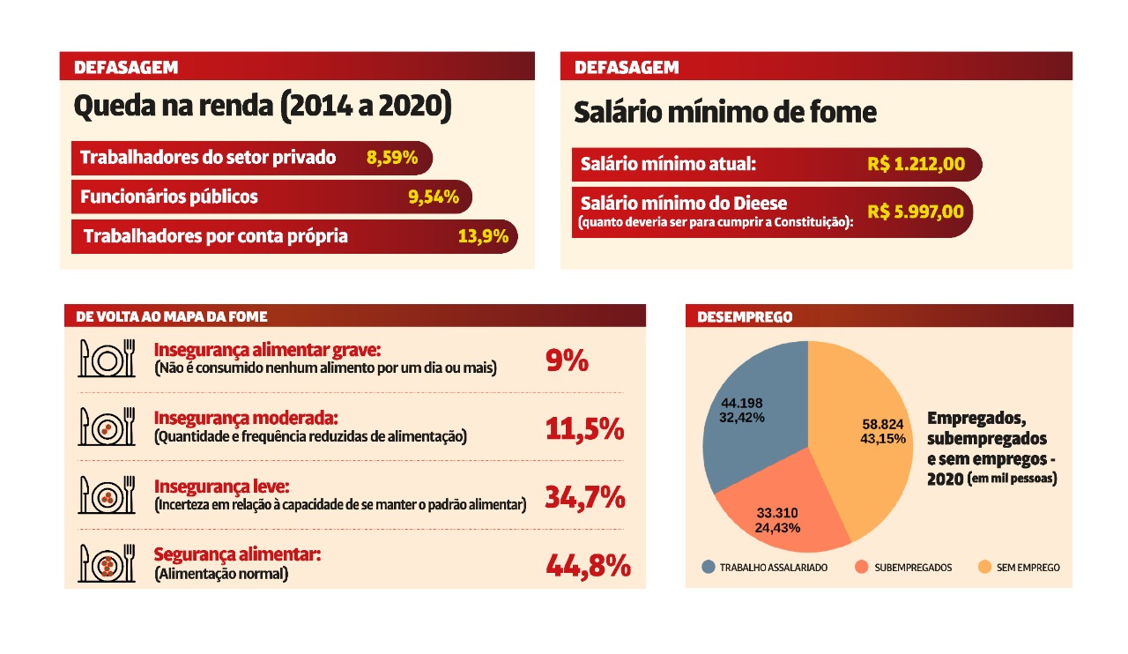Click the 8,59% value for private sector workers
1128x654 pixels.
tap(392, 159)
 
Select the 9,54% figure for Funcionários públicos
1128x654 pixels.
tap(434, 197)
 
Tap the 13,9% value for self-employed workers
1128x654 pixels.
tap(483, 236)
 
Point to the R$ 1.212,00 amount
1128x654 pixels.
tap(916, 164)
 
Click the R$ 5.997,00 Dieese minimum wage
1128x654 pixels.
tap(916, 212)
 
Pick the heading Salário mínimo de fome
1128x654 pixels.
tap(725, 113)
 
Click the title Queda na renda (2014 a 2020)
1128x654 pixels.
tap(263, 107)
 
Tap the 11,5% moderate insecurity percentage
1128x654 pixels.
tap(584, 429)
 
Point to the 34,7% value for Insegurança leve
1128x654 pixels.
tap(585, 497)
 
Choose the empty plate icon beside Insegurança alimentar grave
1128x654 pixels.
tap(107, 359)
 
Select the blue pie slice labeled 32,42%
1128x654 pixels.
tap(749, 414)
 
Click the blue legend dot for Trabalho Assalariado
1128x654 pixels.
tap(709, 568)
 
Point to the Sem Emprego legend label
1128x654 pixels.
tap(1028, 568)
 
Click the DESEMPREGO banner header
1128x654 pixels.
tap(732, 316)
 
